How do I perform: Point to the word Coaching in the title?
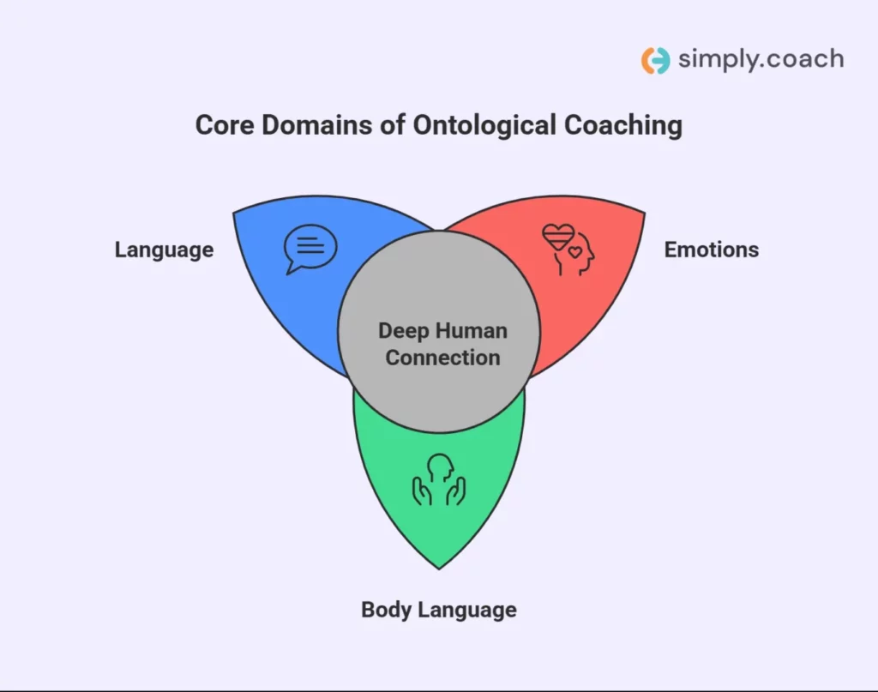[622, 125]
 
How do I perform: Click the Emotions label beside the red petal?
[711, 250]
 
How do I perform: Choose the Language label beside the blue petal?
[164, 250]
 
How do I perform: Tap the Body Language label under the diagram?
[438, 610]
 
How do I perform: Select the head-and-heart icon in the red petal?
[568, 250]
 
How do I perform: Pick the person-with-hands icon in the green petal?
[438, 479]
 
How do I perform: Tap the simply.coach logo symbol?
[655, 60]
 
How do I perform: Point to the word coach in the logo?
[804, 59]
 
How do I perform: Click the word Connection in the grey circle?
[442, 358]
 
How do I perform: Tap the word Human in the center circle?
[474, 331]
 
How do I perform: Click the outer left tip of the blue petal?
[234, 212]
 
